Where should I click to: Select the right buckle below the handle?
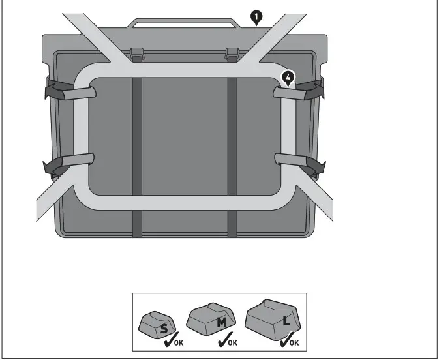231,54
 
